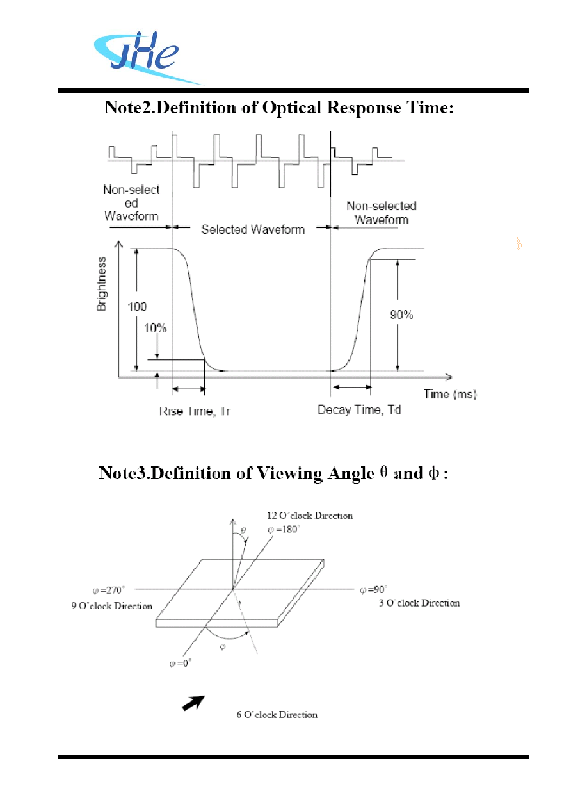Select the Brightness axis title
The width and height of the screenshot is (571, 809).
coord(101,284)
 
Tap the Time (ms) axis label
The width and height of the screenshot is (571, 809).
coord(450,394)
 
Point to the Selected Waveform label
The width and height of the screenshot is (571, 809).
coord(253,229)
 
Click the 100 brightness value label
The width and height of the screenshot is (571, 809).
coord(137,307)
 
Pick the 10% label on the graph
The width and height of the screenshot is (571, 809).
coord(155,328)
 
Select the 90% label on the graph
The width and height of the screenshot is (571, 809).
coord(401,315)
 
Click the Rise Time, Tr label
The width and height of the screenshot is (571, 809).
coord(195,411)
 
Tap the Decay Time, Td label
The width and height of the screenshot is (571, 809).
coord(358,410)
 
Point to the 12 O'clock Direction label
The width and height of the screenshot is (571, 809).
coord(310,516)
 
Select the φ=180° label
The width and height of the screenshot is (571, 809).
coord(284,530)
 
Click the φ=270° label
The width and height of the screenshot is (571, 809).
coord(109,590)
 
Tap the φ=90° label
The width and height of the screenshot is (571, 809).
coord(374,590)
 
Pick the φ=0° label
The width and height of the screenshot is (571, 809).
coord(180,664)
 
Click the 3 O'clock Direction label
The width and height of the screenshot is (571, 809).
coord(419,603)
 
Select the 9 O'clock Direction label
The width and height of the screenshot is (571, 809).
coord(111,606)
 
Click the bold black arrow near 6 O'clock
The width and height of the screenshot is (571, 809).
coord(193,703)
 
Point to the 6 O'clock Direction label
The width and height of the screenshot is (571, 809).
coord(277,715)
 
